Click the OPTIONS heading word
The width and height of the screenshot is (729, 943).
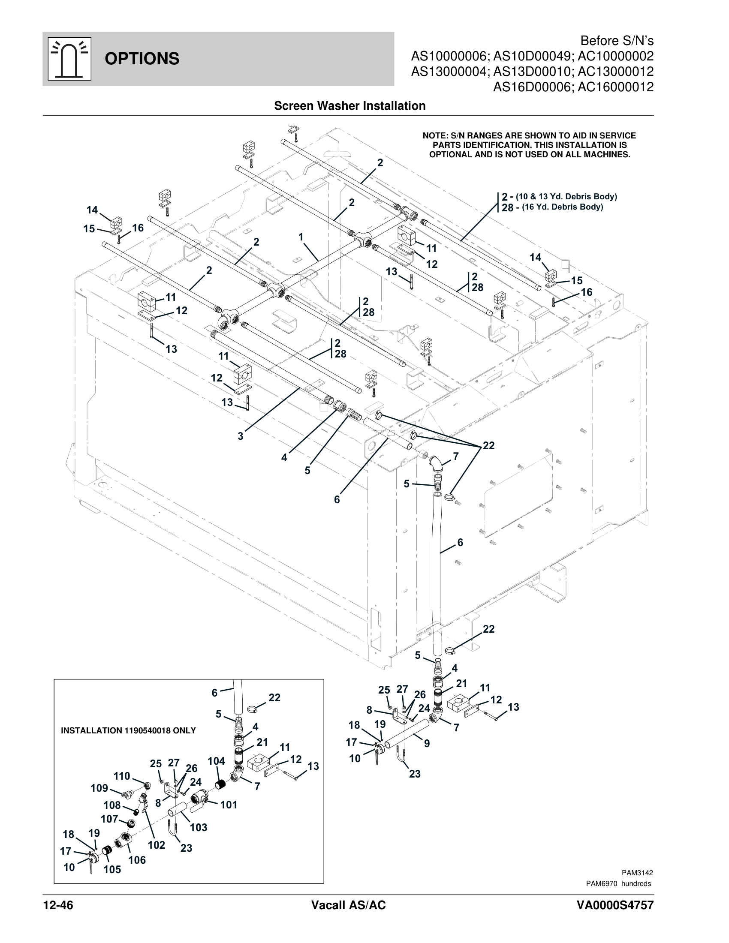pyautogui.click(x=142, y=59)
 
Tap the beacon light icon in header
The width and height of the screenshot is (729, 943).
pyautogui.click(x=69, y=59)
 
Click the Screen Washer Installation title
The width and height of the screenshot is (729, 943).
pyautogui.click(x=349, y=106)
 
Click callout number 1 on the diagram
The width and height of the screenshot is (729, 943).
pyautogui.click(x=301, y=237)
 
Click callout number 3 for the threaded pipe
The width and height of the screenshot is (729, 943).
pyautogui.click(x=241, y=436)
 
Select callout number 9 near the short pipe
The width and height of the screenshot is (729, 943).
pyautogui.click(x=427, y=744)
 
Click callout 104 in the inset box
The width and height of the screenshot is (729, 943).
pyautogui.click(x=216, y=761)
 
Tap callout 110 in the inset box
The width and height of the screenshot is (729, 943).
pyautogui.click(x=122, y=776)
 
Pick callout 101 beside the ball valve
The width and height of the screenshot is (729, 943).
pyautogui.click(x=229, y=805)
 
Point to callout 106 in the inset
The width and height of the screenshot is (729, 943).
pyautogui.click(x=137, y=860)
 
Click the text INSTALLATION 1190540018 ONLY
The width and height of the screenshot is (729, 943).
pyautogui.click(x=128, y=730)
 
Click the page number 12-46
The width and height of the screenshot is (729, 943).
pyautogui.click(x=58, y=905)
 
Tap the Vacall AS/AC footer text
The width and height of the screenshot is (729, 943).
pyautogui.click(x=348, y=905)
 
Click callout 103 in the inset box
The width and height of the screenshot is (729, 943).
pyautogui.click(x=199, y=827)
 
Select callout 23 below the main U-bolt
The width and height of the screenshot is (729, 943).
pyautogui.click(x=415, y=774)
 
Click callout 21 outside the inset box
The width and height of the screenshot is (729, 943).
pyautogui.click(x=462, y=684)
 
